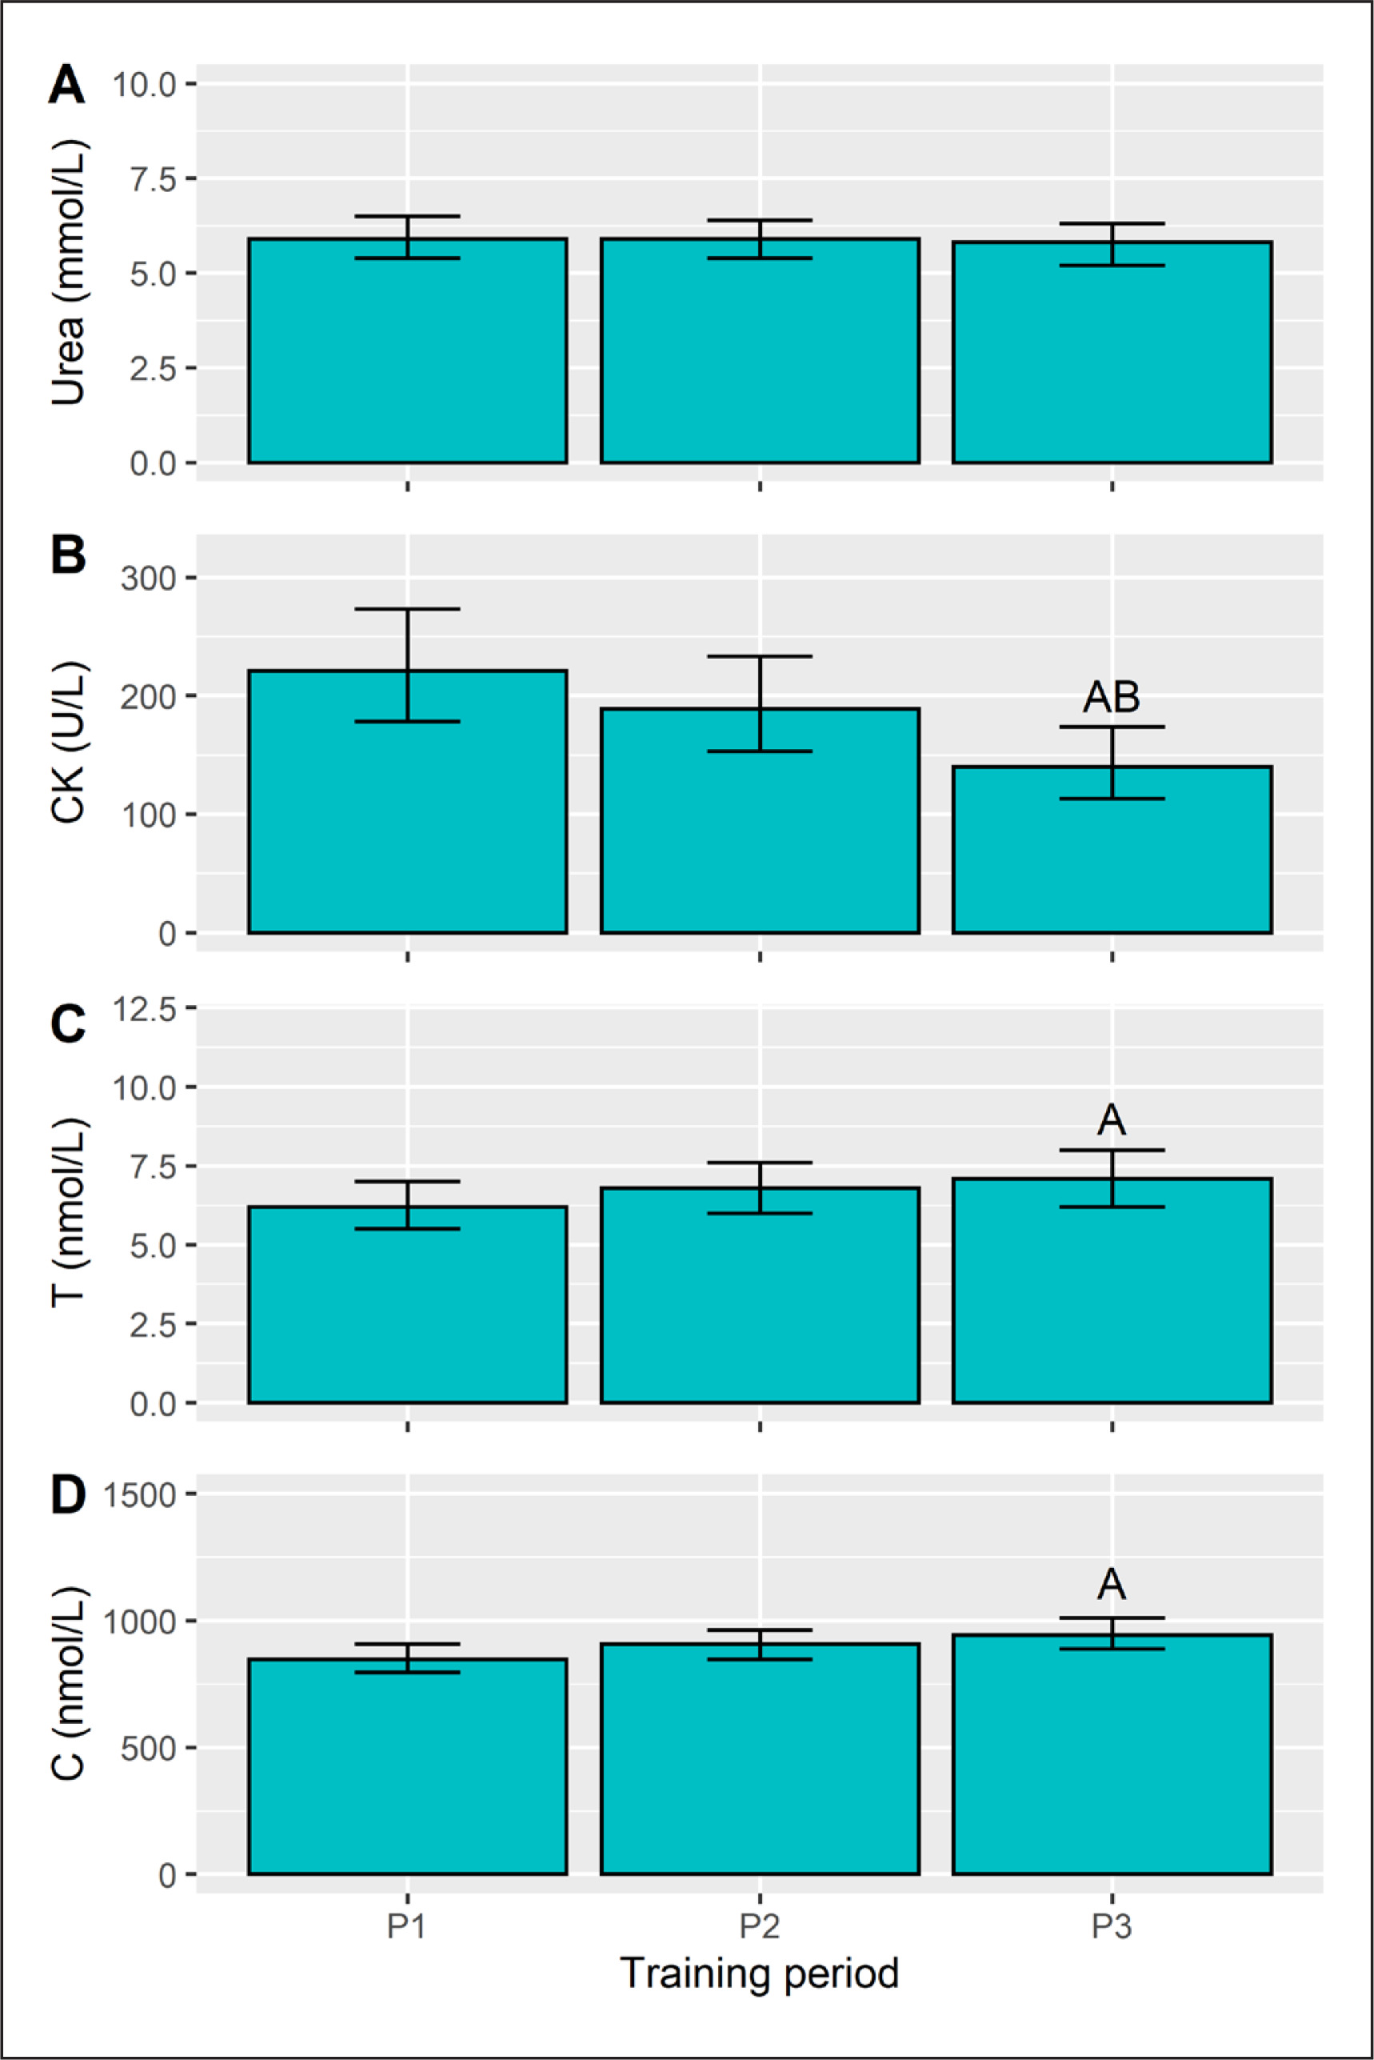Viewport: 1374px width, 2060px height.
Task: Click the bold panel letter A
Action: pos(66,86)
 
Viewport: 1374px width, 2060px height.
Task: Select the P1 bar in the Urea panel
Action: pos(407,351)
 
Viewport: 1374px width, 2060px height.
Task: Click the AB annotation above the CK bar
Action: pos(1111,698)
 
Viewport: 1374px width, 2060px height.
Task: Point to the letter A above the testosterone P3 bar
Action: pos(1111,1120)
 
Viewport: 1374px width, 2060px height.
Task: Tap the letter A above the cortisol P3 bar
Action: pos(1111,1584)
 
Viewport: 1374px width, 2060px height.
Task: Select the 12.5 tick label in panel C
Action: pos(145,1010)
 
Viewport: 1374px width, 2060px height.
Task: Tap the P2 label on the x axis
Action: pos(760,1927)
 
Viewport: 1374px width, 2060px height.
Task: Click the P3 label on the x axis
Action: pos(1112,1927)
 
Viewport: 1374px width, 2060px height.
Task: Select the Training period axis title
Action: pos(760,1974)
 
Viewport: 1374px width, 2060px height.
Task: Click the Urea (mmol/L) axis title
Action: pos(68,272)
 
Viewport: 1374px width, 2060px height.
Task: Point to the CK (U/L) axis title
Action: pos(68,742)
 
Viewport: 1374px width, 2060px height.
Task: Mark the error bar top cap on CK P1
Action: pos(407,608)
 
